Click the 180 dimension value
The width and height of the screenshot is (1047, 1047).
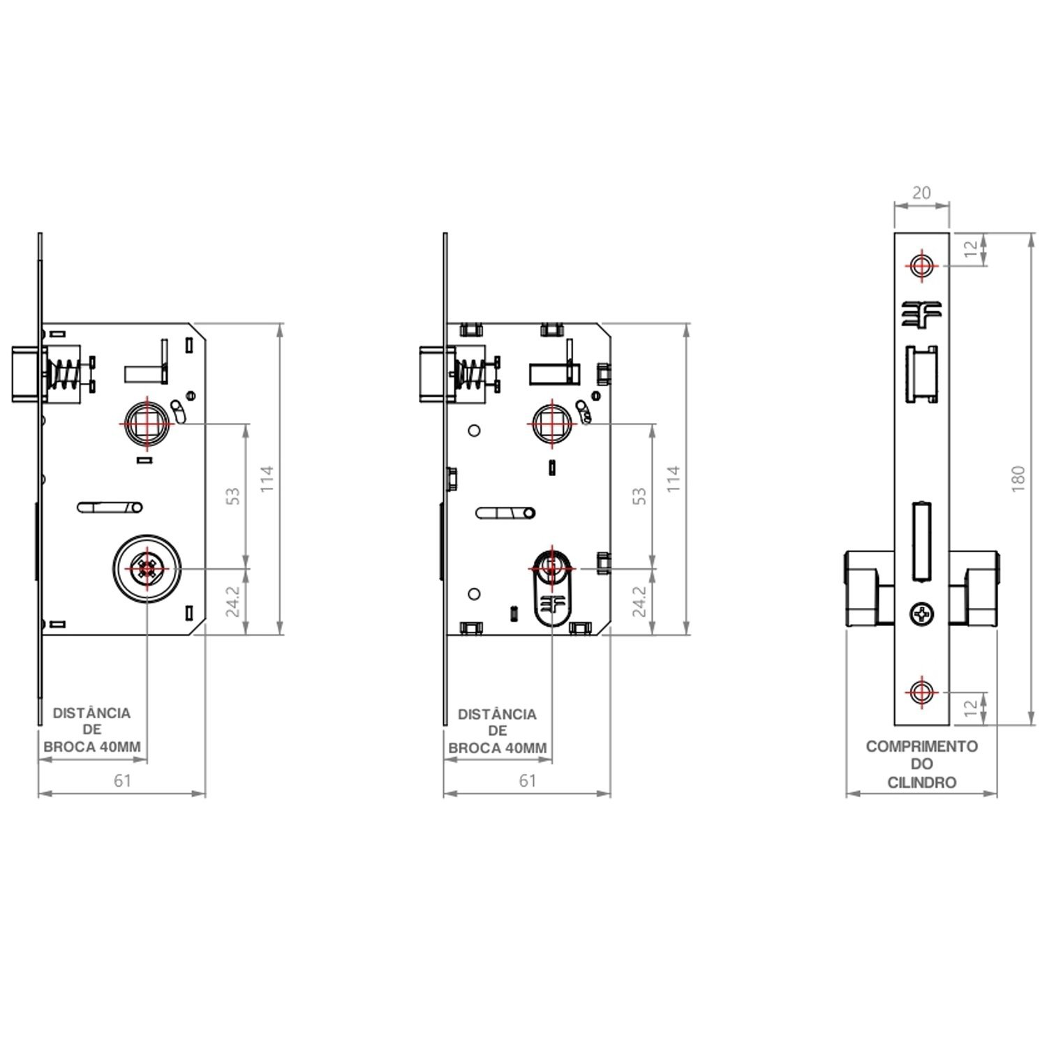pyautogui.click(x=1018, y=478)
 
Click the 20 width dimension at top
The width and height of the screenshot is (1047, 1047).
pyautogui.click(x=921, y=193)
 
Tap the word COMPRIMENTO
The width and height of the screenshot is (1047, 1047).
pyautogui.click(x=921, y=746)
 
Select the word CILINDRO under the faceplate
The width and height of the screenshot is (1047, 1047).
pyautogui.click(x=921, y=782)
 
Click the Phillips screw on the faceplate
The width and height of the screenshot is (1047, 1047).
pyautogui.click(x=921, y=614)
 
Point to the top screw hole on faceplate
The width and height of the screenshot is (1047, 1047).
pyautogui.click(x=921, y=265)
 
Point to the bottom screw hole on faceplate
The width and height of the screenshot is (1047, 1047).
pyautogui.click(x=921, y=692)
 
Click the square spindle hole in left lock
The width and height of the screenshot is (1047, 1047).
pyautogui.click(x=147, y=423)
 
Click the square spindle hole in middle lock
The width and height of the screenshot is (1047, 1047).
pyautogui.click(x=552, y=423)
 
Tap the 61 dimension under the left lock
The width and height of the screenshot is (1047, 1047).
pyautogui.click(x=122, y=780)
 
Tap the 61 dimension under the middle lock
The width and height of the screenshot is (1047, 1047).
pyautogui.click(x=527, y=780)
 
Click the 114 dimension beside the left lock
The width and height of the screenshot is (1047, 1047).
pyautogui.click(x=267, y=479)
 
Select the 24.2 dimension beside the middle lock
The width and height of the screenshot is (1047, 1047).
pyautogui.click(x=639, y=601)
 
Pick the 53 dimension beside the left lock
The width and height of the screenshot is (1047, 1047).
pyautogui.click(x=233, y=496)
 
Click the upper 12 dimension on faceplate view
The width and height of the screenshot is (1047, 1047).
pyautogui.click(x=971, y=249)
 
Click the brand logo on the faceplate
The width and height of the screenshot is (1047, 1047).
pyautogui.click(x=921, y=313)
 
